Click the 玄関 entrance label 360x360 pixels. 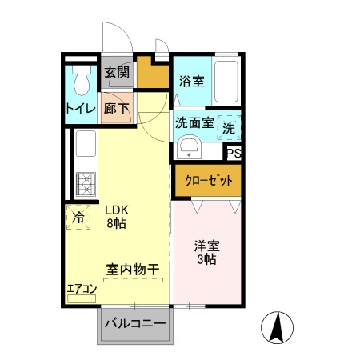point(117,73)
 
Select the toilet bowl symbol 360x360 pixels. point(81,81)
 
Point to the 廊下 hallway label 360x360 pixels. point(117,108)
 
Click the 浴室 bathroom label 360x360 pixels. point(191,81)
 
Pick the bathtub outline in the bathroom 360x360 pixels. point(227,81)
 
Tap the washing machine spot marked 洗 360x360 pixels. point(229,126)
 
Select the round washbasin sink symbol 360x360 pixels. point(189,148)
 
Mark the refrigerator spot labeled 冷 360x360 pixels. point(78,217)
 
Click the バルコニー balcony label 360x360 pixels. point(134,324)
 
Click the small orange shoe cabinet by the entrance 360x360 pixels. point(153,73)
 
